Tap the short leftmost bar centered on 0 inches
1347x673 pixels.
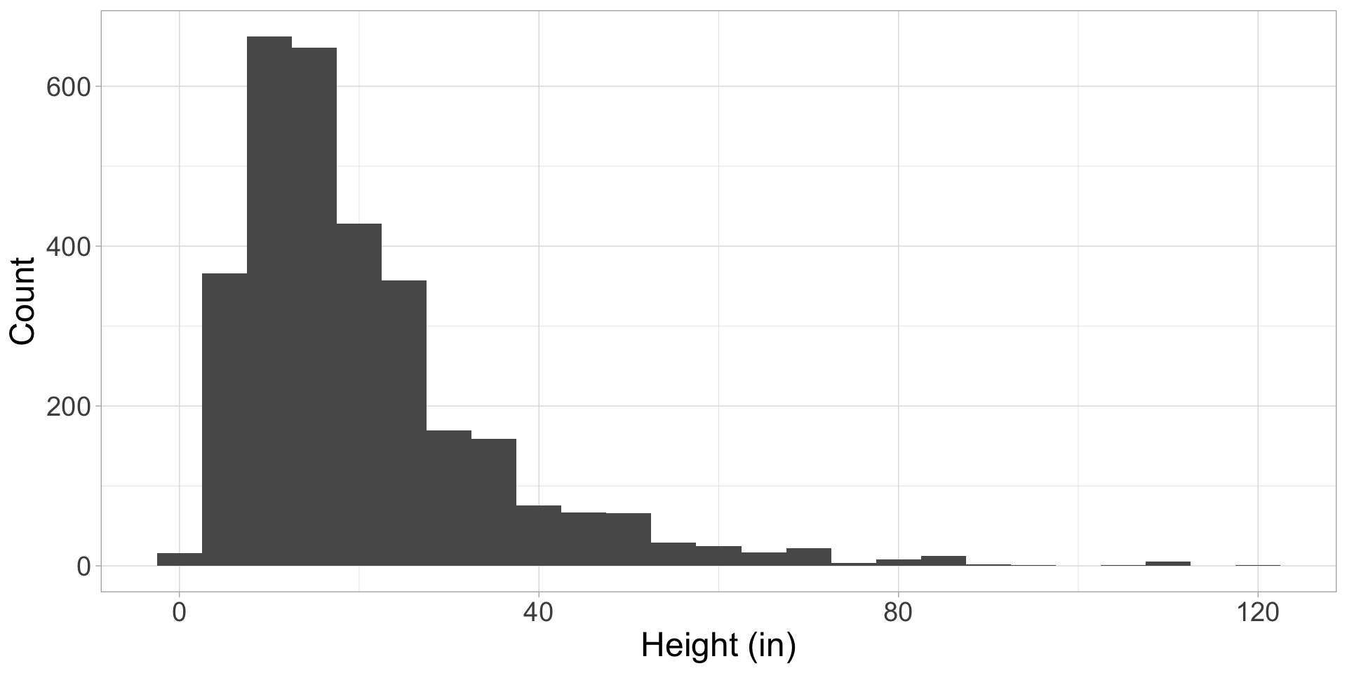click(x=180, y=559)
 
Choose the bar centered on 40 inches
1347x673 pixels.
click(x=539, y=536)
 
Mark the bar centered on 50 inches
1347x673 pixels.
click(x=629, y=540)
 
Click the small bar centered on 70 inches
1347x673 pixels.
click(x=808, y=557)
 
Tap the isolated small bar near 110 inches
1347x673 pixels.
click(x=1167, y=564)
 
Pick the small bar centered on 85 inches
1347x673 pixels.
click(x=943, y=561)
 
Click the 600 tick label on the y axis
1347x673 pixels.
click(x=68, y=87)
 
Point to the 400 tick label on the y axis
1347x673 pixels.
click(x=68, y=247)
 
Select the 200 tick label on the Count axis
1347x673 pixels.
click(x=68, y=407)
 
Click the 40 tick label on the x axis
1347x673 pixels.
click(x=539, y=613)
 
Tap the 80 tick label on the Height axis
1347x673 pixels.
click(x=898, y=613)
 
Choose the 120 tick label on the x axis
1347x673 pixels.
click(x=1257, y=613)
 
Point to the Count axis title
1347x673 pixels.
click(x=23, y=301)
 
